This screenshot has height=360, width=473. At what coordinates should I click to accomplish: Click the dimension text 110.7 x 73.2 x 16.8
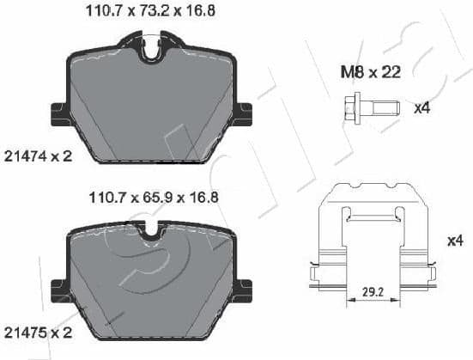point(151,12)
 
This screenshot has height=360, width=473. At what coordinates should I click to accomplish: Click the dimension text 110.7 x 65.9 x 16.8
point(151,197)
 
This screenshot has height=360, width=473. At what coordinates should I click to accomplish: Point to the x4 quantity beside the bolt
point(421,108)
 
